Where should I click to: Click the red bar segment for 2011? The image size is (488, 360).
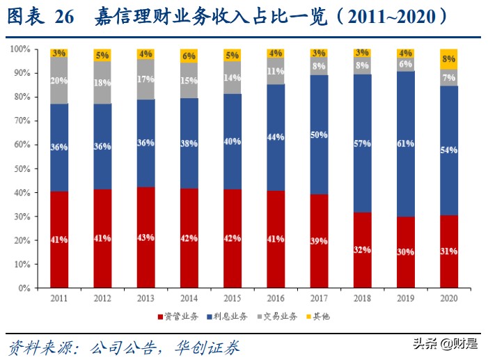pyautogui.click(x=59, y=239)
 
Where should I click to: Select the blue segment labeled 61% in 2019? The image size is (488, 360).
pyautogui.click(x=405, y=143)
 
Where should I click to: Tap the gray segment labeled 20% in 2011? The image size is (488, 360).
pyautogui.click(x=59, y=80)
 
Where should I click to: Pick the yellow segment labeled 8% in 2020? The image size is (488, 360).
pyautogui.click(x=448, y=58)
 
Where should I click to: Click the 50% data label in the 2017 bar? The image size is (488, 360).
pyautogui.click(x=319, y=135)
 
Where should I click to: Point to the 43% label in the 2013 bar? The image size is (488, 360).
pyautogui.click(x=145, y=238)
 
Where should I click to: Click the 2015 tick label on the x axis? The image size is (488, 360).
pyautogui.click(x=232, y=298)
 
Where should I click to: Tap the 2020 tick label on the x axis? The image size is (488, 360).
pyautogui.click(x=448, y=298)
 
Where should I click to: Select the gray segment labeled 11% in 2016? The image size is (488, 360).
pyautogui.click(x=276, y=70)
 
